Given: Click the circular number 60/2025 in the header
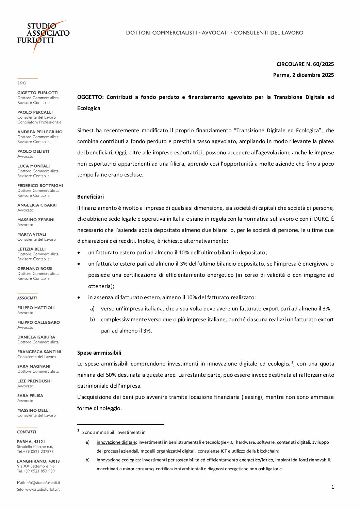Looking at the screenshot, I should [305, 64].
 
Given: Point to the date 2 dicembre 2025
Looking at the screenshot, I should [303, 75].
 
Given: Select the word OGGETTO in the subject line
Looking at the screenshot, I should [90, 97].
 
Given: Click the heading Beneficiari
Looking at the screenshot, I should [91, 197].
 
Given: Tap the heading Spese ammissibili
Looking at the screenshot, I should [99, 353].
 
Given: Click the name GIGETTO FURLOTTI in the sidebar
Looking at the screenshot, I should [38, 93].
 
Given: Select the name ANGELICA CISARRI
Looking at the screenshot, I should [37, 205].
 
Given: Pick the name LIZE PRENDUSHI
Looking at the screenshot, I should [34, 381].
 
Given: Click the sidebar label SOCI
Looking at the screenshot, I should [22, 83].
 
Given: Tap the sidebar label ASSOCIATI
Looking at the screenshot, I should [27, 298].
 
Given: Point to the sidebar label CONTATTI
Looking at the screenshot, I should [27, 432].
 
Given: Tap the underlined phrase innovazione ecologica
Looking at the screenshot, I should [118, 460].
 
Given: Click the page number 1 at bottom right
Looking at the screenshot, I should [332, 487].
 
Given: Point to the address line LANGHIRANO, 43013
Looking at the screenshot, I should [38, 461].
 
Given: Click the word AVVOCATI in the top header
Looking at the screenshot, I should [215, 33].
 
